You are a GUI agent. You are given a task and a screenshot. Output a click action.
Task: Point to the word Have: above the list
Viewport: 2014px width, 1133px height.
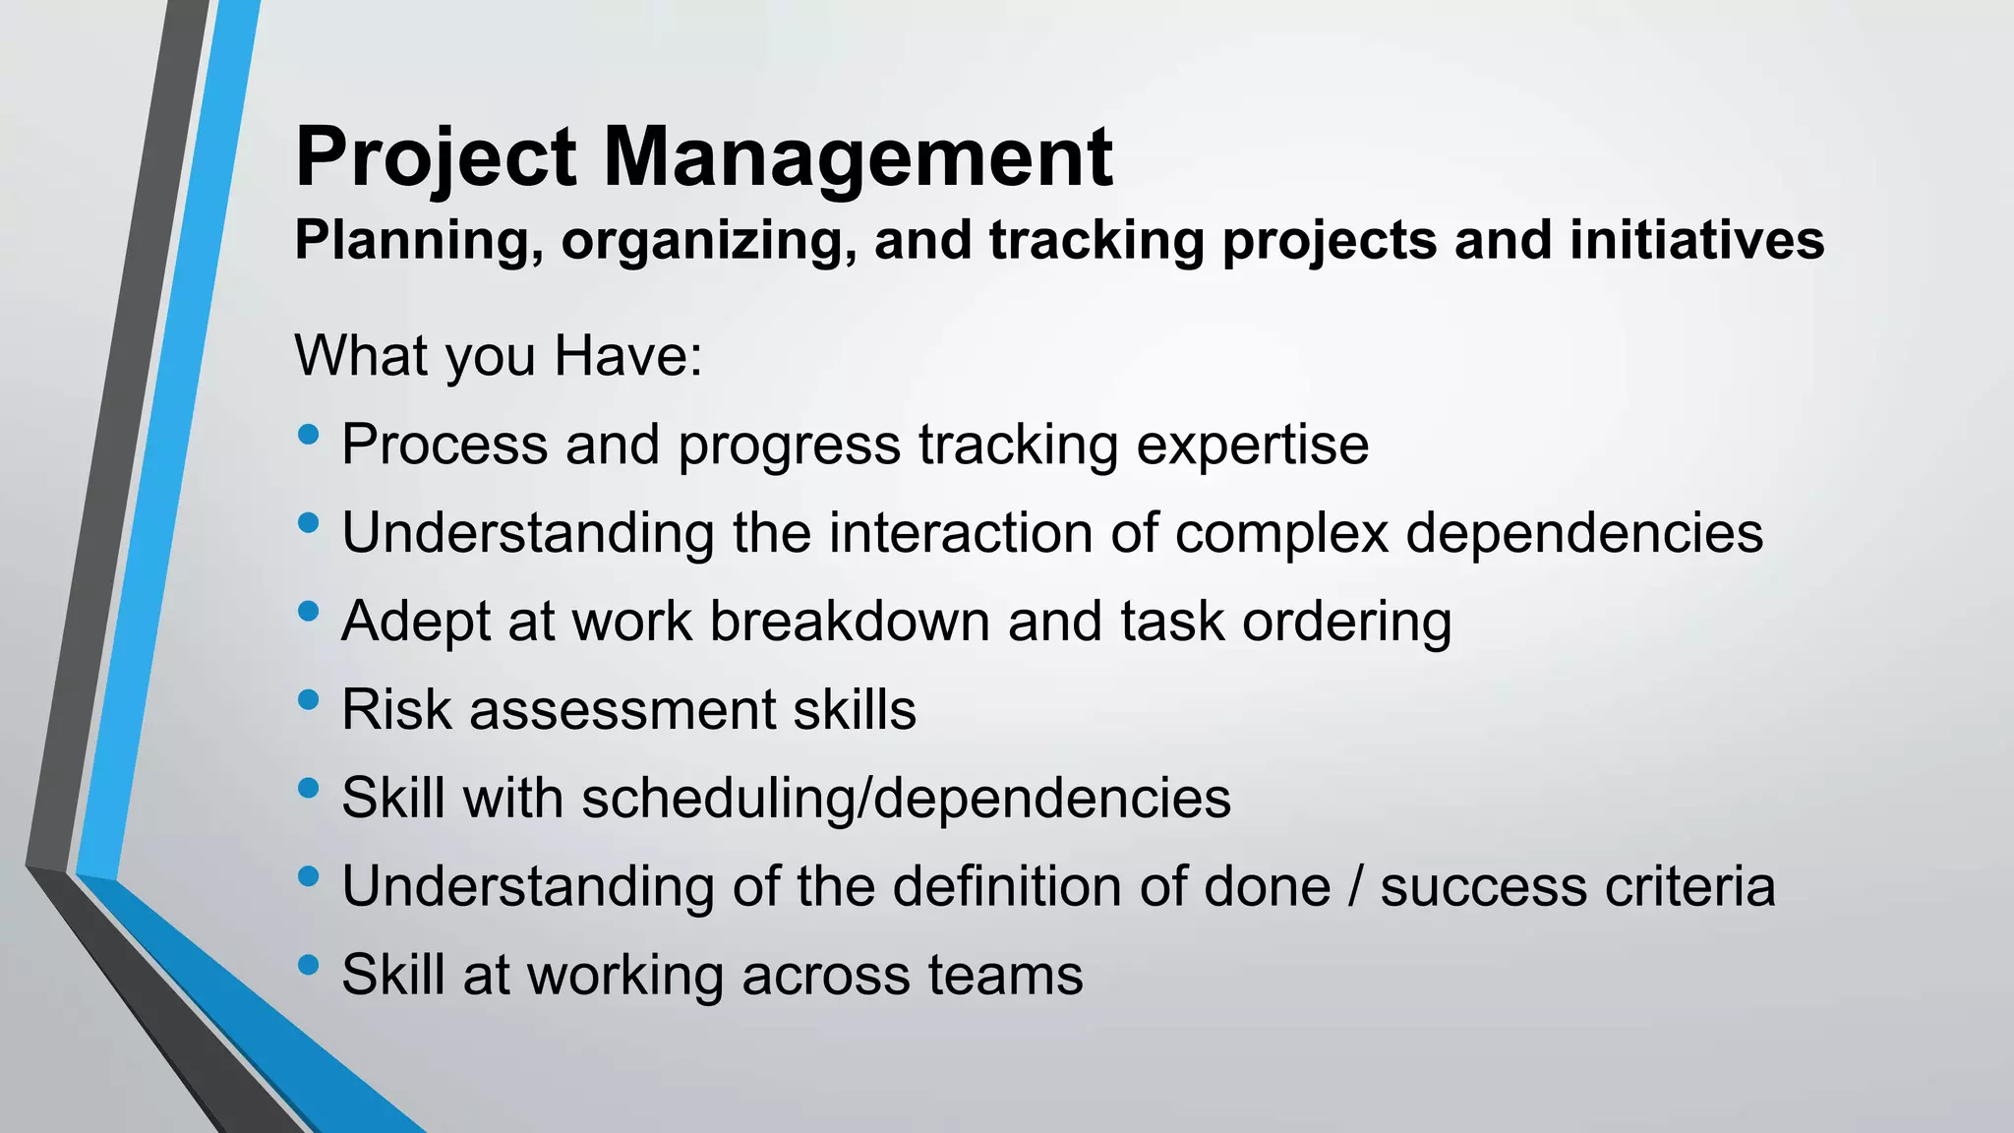point(628,355)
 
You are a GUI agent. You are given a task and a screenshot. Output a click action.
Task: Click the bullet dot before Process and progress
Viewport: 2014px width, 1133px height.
point(308,434)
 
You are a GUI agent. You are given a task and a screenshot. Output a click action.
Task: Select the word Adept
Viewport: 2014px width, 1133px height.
point(415,622)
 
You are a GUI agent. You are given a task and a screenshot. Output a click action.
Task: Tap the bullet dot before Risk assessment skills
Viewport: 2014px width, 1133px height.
point(308,699)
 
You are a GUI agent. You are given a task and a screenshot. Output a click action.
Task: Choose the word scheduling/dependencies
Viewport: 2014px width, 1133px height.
point(906,798)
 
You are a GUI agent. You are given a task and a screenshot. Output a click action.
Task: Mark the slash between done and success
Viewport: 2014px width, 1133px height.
point(1356,886)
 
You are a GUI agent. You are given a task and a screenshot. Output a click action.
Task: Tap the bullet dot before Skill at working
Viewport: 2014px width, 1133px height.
point(308,965)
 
